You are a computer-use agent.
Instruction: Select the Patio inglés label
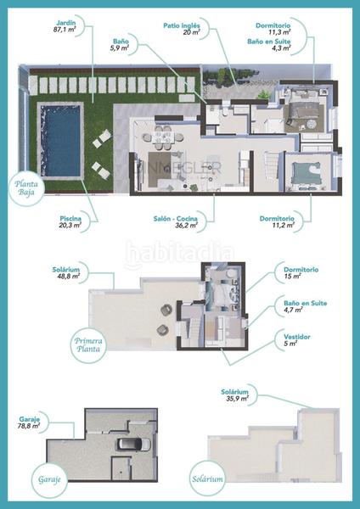tap(182, 26)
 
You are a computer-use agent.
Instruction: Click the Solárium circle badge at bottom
tap(207, 478)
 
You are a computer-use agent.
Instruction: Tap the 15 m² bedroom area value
tap(295, 277)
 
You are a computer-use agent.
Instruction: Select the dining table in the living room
tap(161, 134)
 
